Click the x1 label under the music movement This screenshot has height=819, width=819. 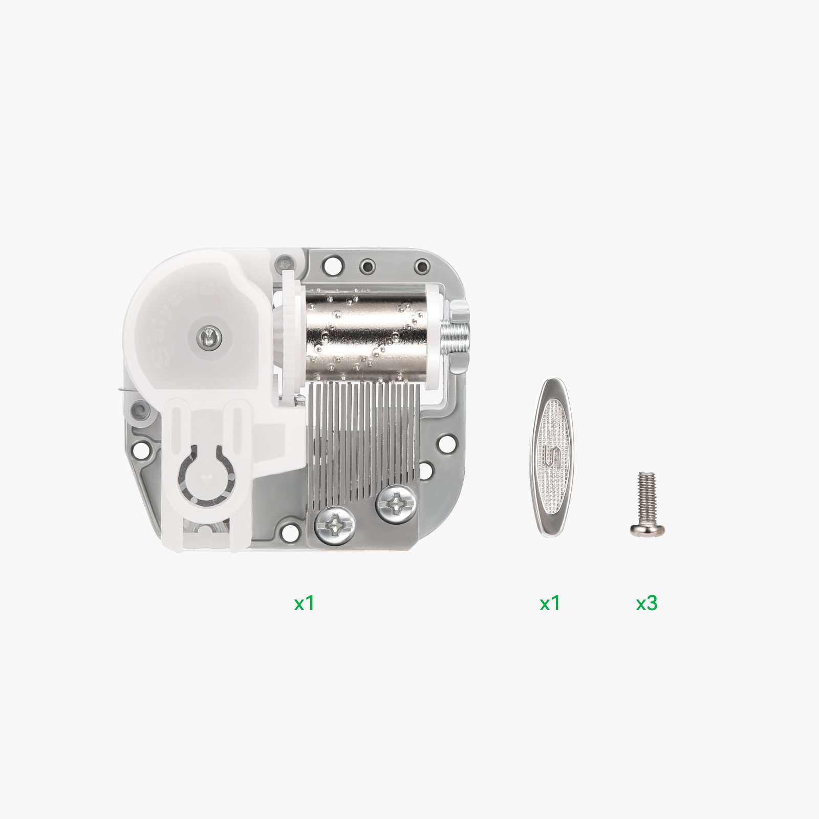point(304,604)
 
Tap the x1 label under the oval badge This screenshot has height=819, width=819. point(550,604)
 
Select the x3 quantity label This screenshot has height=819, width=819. point(646,604)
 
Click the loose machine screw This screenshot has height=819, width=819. point(647,504)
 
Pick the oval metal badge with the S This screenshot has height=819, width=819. point(552,458)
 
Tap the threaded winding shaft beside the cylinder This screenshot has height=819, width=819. point(456,335)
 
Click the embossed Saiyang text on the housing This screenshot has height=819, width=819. point(179,328)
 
